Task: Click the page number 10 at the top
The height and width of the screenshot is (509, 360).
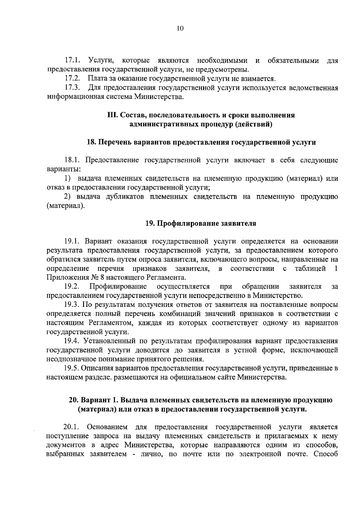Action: (180, 28)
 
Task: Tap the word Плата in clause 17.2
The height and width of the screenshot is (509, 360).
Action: (97, 79)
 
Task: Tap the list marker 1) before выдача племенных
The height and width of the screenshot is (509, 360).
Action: (68, 179)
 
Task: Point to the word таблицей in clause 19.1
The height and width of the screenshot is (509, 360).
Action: (310, 268)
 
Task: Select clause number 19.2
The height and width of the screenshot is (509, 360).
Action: (71, 287)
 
